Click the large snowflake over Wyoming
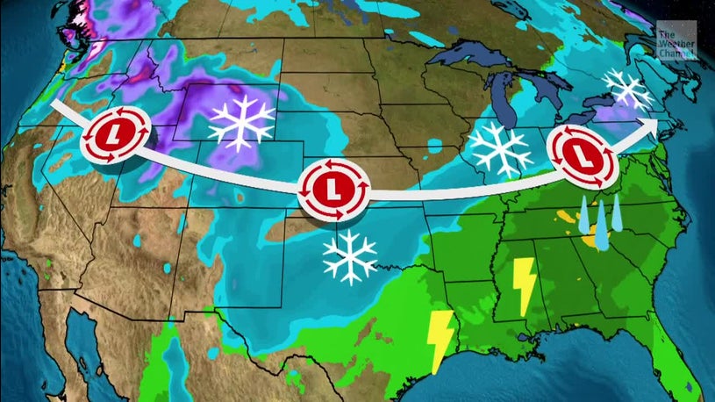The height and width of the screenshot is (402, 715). (240, 120)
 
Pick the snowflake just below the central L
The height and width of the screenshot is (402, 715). (349, 256)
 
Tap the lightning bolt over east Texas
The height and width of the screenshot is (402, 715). (440, 336)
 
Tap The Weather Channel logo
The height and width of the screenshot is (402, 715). (676, 44)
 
